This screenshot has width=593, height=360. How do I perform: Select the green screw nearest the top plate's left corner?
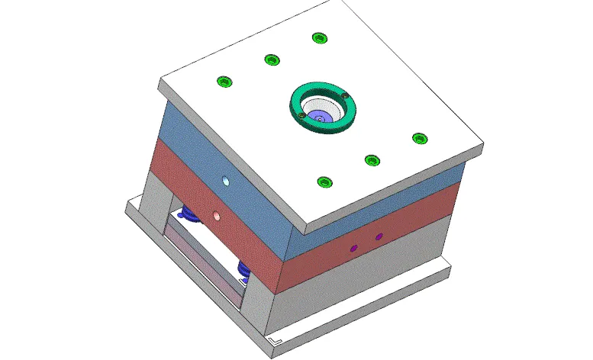click(x=224, y=82)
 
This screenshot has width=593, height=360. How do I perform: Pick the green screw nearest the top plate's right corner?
click(x=419, y=138)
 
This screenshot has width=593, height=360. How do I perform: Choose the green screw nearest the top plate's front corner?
click(x=325, y=182)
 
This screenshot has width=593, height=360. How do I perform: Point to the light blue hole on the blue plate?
click(x=225, y=182)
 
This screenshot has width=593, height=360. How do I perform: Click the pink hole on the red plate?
click(x=217, y=215)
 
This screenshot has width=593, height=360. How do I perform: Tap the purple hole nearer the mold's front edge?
click(x=353, y=249)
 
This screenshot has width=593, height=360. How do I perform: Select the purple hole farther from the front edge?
click(x=379, y=237)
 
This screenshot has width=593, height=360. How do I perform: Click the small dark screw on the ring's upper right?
click(x=345, y=95)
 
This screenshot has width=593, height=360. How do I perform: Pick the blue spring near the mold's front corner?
click(x=244, y=268)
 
